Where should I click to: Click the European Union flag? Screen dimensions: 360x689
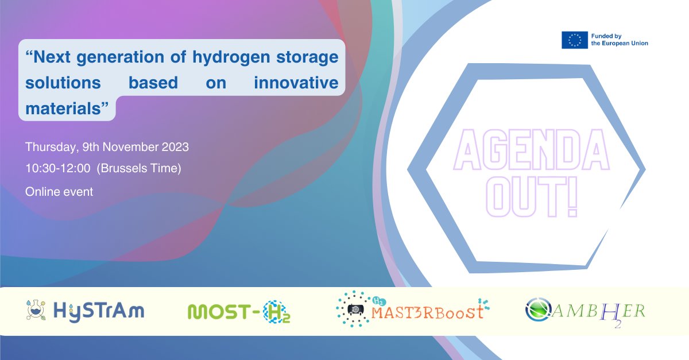[574, 40]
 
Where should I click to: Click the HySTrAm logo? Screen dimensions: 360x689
[86, 311]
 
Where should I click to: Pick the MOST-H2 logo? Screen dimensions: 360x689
[239, 312]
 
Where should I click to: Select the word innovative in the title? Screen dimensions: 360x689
[297, 83]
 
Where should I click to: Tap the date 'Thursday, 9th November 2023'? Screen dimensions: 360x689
[107, 147]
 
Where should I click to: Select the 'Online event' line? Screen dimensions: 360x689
[59, 192]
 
